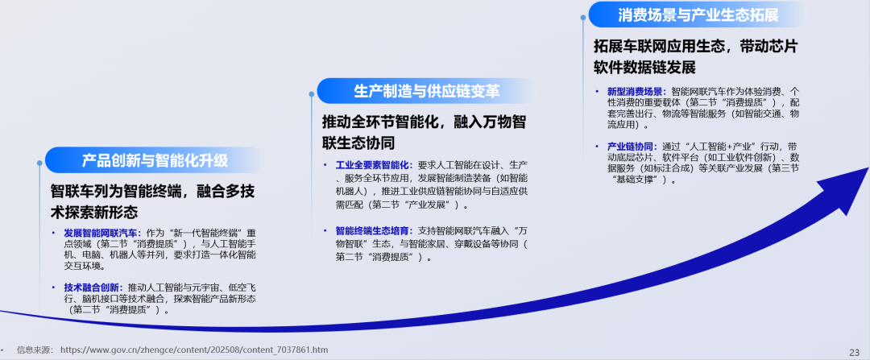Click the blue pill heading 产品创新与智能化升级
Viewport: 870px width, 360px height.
coord(155,159)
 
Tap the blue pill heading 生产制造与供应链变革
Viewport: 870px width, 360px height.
coord(426,91)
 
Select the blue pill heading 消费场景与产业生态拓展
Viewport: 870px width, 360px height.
coord(698,14)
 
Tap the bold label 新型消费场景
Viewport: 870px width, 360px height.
coord(636,91)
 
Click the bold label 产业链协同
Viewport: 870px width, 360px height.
coord(631,146)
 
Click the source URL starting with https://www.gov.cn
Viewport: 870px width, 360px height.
coord(194,350)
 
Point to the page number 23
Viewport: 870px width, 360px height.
coord(854,351)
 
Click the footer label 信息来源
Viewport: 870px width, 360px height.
coord(34,350)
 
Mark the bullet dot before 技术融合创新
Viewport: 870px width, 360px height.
coord(55,287)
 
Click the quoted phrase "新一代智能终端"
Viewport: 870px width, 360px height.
coord(212,232)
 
